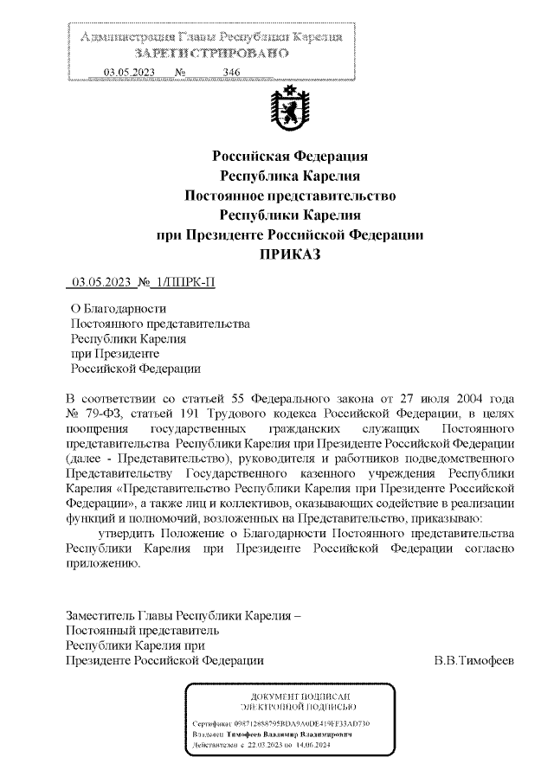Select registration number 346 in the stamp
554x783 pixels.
[231, 72]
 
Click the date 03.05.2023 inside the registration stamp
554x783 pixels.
[128, 72]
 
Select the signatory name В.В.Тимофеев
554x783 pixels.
[473, 661]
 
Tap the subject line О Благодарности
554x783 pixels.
[119, 308]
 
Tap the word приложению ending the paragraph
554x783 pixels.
[102, 563]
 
